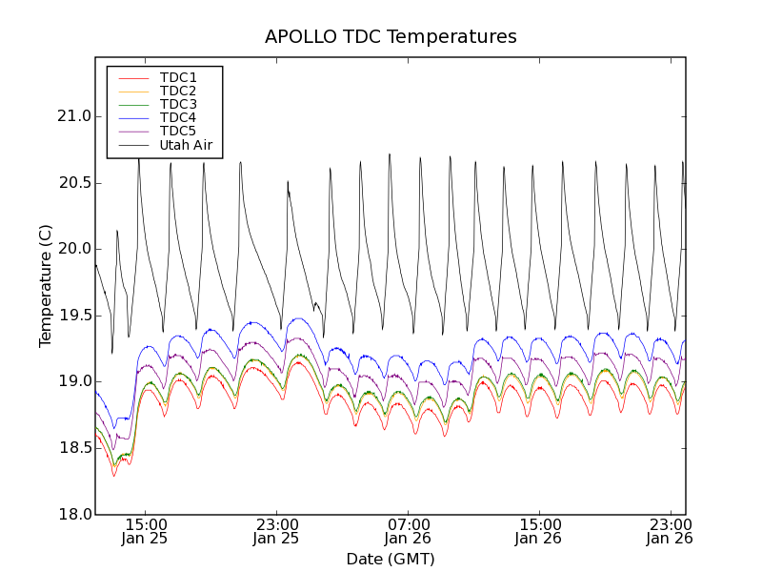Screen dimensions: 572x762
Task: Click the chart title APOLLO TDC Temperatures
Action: (391, 37)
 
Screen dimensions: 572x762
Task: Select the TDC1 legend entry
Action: (178, 77)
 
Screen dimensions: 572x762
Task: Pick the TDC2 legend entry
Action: (178, 91)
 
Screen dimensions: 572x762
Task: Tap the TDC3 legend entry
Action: (178, 104)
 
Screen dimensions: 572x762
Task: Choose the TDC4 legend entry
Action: (178, 118)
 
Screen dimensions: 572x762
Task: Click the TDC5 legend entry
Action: (178, 132)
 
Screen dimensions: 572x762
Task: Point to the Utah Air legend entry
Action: (185, 145)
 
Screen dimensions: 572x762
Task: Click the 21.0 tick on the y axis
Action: (73, 116)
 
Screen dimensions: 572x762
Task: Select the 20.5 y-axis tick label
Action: (73, 183)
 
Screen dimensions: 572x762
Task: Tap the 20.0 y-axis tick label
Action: (73, 249)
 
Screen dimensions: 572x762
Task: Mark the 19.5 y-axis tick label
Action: (73, 316)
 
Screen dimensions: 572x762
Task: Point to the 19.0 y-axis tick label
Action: (73, 381)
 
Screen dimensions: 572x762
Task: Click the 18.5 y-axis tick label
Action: (73, 448)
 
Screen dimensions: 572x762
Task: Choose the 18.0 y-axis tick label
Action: (73, 514)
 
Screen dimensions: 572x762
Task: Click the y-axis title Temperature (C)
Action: (46, 286)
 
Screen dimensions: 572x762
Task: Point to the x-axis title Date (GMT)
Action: (391, 559)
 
